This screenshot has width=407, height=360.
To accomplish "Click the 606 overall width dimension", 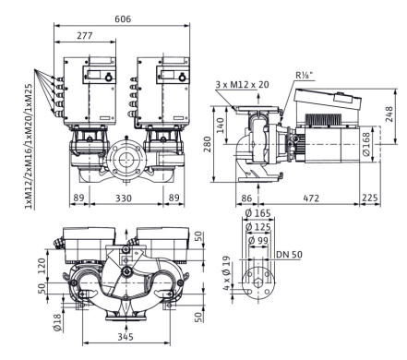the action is tap(123, 19).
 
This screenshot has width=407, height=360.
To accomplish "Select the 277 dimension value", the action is tap(85, 36).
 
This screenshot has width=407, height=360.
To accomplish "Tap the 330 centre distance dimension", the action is tap(124, 198).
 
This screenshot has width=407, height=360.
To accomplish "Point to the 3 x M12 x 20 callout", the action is tap(242, 84).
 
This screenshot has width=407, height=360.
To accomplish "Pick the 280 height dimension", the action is tap(207, 144).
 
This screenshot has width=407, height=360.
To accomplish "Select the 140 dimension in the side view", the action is tap(221, 126).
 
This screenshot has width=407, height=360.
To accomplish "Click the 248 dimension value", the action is tap(389, 114).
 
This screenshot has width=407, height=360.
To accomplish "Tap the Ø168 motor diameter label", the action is tap(366, 144).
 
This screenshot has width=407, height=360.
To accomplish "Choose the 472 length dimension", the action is tap(311, 198).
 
